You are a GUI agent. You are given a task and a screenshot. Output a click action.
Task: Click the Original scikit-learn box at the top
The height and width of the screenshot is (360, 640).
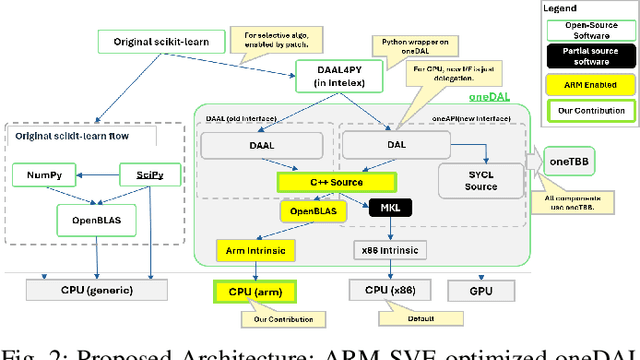pyautogui.click(x=160, y=43)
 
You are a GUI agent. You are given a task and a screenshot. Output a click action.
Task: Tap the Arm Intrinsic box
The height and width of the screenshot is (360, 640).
pyautogui.click(x=250, y=249)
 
